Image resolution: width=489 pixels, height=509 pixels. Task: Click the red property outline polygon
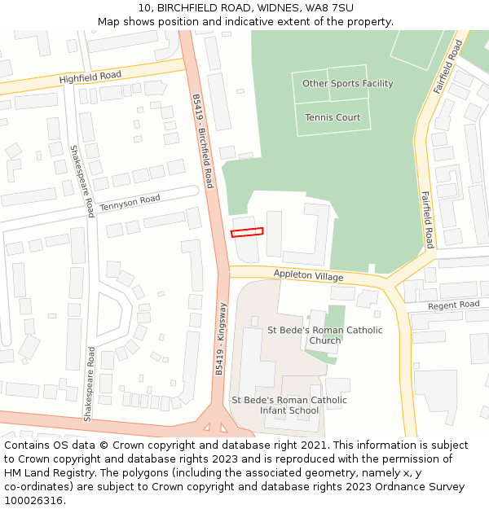pyautogui.click(x=247, y=232)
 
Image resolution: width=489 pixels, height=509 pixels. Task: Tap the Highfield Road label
pyautogui.click(x=90, y=77)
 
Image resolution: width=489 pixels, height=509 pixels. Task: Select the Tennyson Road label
pyautogui.click(x=130, y=203)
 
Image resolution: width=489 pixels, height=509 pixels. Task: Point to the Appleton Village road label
pyautogui.click(x=308, y=276)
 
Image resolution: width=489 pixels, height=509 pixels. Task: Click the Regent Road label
pyautogui.click(x=454, y=305)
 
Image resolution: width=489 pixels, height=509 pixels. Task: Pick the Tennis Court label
pyautogui.click(x=333, y=117)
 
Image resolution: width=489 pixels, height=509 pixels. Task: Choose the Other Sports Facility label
pyautogui.click(x=347, y=83)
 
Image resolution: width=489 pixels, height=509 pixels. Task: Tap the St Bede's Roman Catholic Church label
pyautogui.click(x=324, y=336)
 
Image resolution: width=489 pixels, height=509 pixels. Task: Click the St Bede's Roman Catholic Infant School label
pyautogui.click(x=289, y=405)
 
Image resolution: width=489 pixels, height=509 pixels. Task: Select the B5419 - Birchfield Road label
pyautogui.click(x=202, y=141)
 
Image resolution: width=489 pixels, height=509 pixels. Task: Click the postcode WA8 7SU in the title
pyautogui.click(x=333, y=7)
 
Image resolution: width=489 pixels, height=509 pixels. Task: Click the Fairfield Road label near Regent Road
pyautogui.click(x=427, y=219)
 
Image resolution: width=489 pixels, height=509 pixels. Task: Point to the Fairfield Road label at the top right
pyautogui.click(x=447, y=66)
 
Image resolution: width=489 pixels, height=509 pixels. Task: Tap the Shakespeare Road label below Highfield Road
pyautogui.click(x=81, y=181)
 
